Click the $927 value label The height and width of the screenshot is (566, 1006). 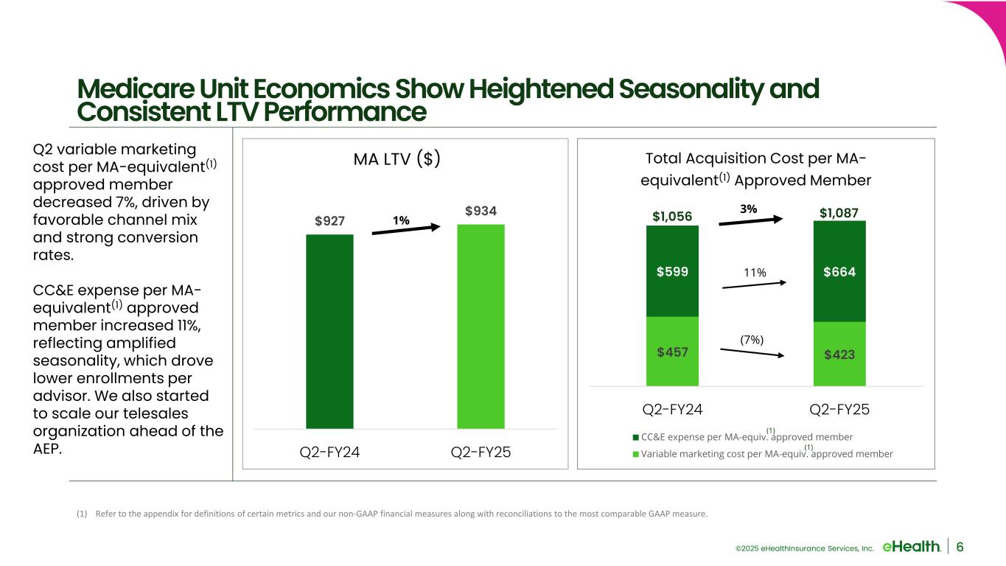click(329, 222)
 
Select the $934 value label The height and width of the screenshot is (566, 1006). click(481, 212)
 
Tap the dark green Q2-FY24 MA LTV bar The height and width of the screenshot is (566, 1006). click(329, 332)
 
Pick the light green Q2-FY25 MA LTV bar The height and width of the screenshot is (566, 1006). click(481, 326)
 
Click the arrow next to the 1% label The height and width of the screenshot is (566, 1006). click(405, 229)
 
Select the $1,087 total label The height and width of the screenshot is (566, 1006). click(839, 214)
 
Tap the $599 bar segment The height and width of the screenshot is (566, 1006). click(672, 271)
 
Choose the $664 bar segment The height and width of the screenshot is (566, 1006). click(839, 271)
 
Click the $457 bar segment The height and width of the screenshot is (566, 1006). click(672, 352)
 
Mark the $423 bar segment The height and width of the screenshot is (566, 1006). click(839, 354)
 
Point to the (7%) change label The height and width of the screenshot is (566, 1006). click(752, 340)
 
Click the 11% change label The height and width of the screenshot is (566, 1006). click(754, 273)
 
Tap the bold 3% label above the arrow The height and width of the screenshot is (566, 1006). click(748, 209)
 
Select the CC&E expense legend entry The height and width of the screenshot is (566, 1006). click(742, 436)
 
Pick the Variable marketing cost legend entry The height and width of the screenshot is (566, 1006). click(762, 454)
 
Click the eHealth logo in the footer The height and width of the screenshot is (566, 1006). click(911, 546)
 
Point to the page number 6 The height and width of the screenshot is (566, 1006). click(960, 546)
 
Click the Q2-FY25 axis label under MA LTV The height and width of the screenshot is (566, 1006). click(481, 452)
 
